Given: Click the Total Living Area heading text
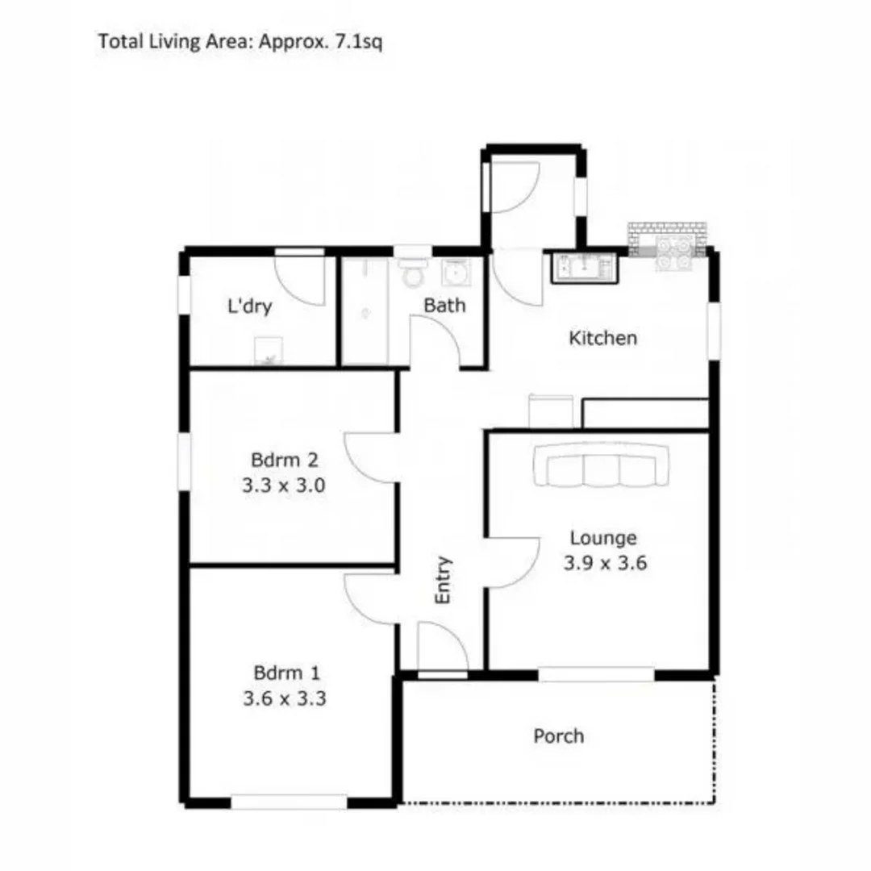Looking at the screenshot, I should [x=240, y=41].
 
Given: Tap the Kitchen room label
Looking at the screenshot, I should [x=602, y=338].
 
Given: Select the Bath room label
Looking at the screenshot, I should [x=444, y=306].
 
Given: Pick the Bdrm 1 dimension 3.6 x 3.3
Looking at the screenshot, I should [x=284, y=699].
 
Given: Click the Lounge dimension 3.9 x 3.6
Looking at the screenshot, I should [x=604, y=563].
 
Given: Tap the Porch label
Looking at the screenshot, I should [x=558, y=736].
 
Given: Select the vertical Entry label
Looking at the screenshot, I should [x=444, y=581].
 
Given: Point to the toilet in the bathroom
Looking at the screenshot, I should [x=414, y=272].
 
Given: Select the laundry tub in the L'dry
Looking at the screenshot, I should [x=268, y=352].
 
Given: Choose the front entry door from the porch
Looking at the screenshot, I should [x=442, y=647].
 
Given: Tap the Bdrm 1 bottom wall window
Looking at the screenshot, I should [x=289, y=802].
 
